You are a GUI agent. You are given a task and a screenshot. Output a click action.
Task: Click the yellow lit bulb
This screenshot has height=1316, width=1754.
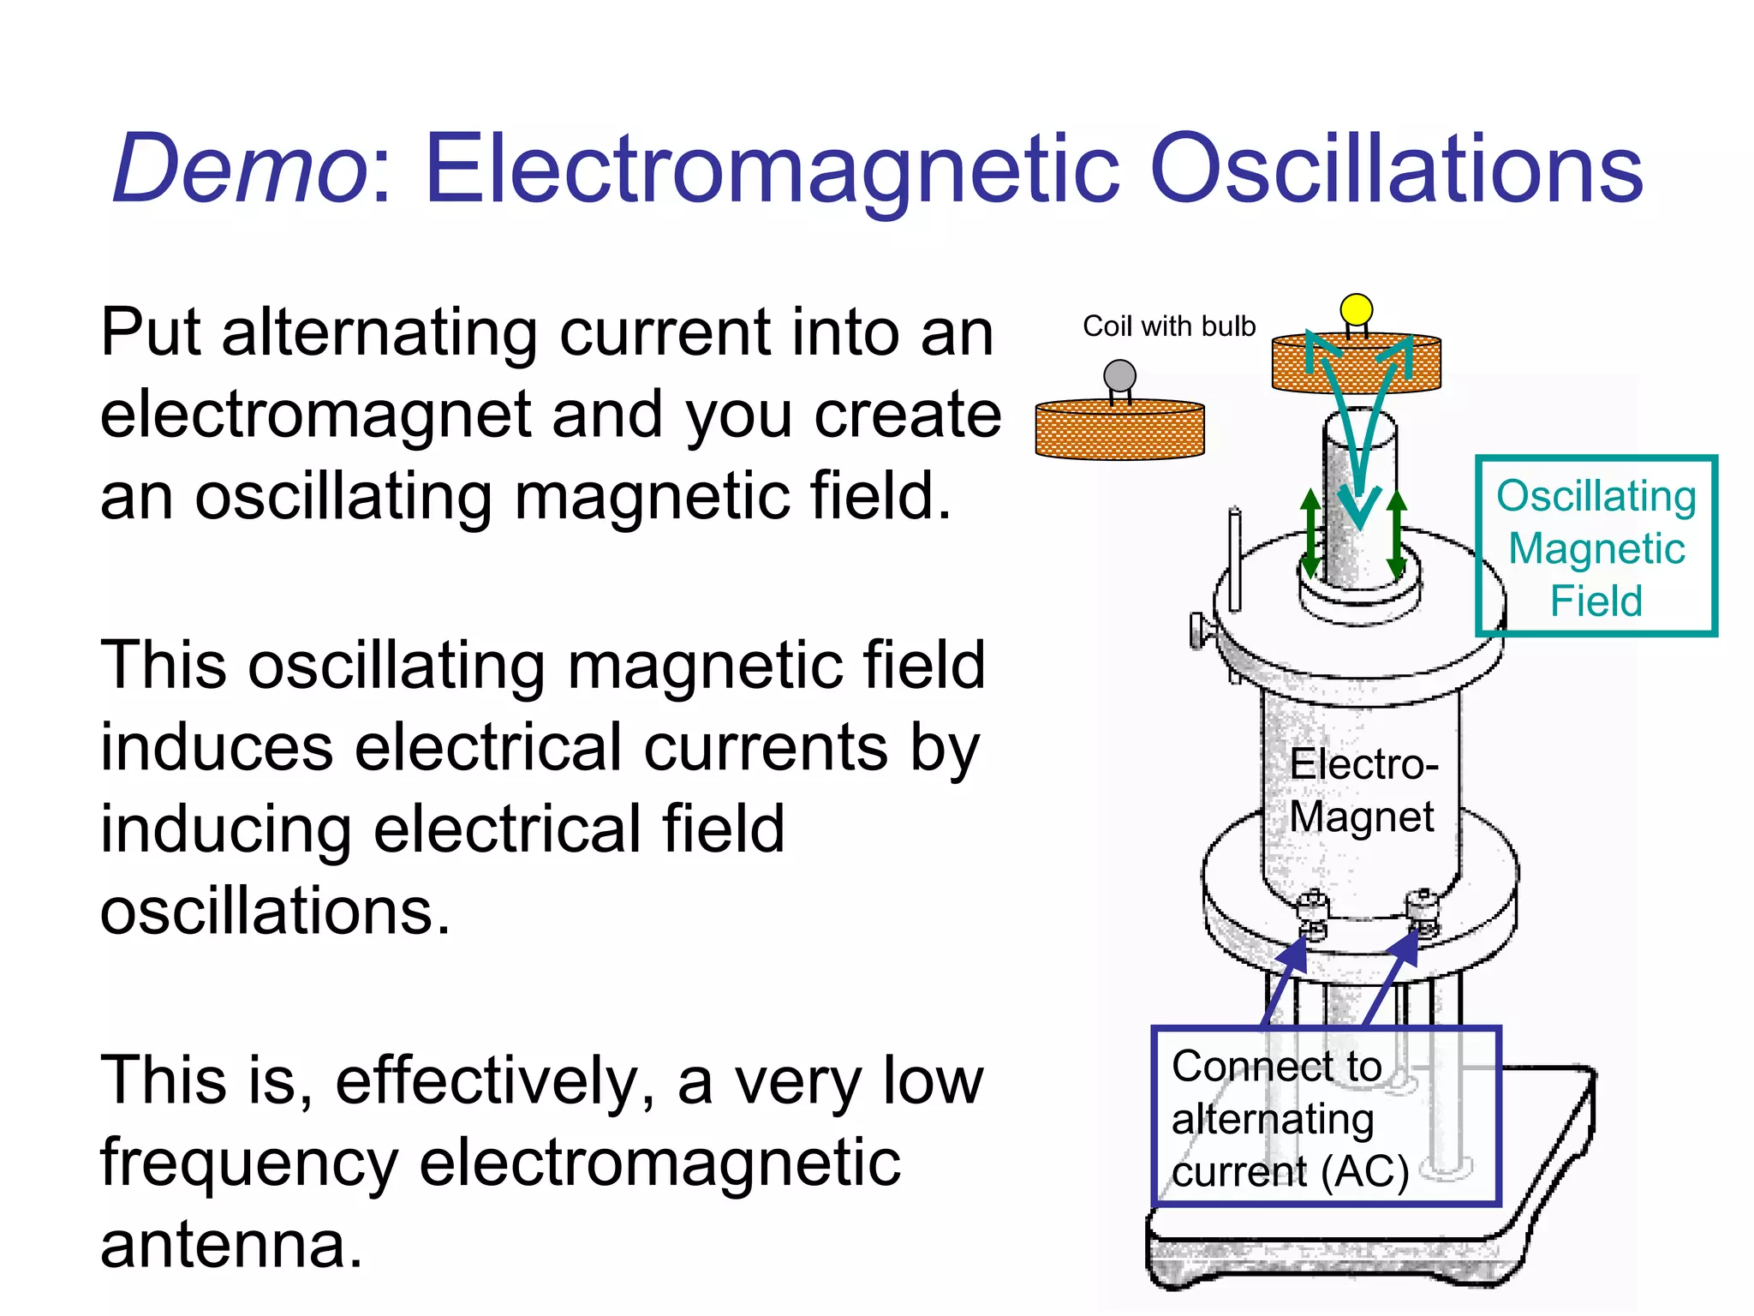pos(1356,309)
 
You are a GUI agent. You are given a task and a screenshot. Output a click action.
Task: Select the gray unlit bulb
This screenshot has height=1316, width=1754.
pos(1119,376)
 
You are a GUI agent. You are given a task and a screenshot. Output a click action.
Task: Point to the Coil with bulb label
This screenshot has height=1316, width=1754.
pos(1168,326)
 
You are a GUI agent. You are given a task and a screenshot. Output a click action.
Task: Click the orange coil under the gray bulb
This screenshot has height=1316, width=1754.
pos(1119,431)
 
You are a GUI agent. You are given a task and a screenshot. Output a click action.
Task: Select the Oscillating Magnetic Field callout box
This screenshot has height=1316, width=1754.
pos(1596,547)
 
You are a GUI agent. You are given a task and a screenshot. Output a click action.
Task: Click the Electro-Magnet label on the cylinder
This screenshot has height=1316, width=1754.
pos(1362,790)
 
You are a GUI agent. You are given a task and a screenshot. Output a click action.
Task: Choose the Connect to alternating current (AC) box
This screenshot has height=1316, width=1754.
pos(1326,1116)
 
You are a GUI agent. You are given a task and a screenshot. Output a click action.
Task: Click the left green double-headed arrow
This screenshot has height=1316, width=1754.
pos(1310,533)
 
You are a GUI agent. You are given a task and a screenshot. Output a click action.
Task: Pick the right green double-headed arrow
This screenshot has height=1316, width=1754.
pos(1396,533)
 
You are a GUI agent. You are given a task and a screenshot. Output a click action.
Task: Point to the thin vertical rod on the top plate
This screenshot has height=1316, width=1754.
pos(1234,559)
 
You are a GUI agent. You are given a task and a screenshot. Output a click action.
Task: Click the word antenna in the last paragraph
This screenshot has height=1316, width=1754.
pos(231,1245)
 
